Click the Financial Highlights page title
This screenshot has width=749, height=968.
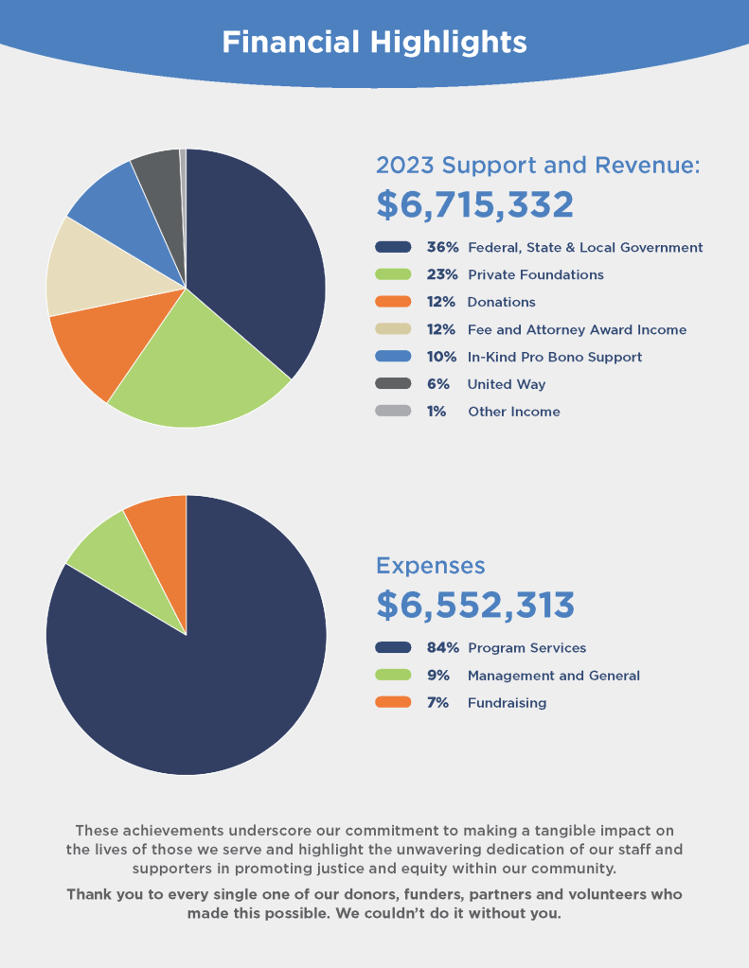pyautogui.click(x=374, y=43)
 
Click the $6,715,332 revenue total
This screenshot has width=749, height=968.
pyautogui.click(x=474, y=205)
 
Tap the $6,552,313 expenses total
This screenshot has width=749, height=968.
pyautogui.click(x=474, y=605)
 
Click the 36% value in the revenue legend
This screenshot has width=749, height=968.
pyautogui.click(x=442, y=248)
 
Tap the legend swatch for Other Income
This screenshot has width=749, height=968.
pyautogui.click(x=393, y=412)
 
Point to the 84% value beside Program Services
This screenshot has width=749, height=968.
pyautogui.click(x=442, y=648)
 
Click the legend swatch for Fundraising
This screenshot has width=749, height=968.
pyautogui.click(x=393, y=703)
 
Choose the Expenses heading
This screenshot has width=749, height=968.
pyautogui.click(x=430, y=566)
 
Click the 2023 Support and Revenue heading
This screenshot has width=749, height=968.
pyautogui.click(x=538, y=165)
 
